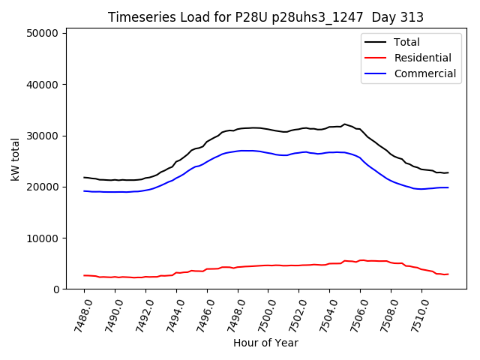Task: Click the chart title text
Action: pos(265,17)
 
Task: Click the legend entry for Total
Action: pos(407,42)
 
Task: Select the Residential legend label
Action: pos(422,58)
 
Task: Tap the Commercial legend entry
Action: pos(424,73)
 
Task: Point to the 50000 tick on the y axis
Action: pos(43,34)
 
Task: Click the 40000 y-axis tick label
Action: pos(43,85)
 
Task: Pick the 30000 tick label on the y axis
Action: pos(43,136)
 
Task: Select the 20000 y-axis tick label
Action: pos(43,187)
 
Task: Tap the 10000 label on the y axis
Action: pos(43,238)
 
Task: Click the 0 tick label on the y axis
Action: pos(56,289)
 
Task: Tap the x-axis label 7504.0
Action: pos(325,313)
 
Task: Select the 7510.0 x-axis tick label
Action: pos(417,313)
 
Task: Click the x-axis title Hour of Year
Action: pos(265,343)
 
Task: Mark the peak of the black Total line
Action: pos(344,124)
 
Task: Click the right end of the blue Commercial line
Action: pos(448,187)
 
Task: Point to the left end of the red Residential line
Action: pos(84,275)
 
